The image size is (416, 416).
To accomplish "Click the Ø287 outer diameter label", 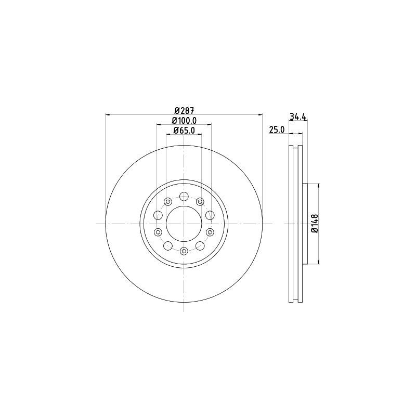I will coord(184,110).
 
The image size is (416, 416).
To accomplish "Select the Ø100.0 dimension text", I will coord(184,121).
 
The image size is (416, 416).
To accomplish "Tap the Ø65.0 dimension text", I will coord(184,131).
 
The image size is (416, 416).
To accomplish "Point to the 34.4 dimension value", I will coord(298,117).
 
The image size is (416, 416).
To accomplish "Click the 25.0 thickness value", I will coord(276,131).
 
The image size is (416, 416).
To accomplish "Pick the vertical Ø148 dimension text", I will coord(315,224).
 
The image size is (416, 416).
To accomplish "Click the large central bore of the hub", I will coord(184,224).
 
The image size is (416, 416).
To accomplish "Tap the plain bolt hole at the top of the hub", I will coord(184,197).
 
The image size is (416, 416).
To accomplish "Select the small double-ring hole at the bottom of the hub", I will coord(184,252).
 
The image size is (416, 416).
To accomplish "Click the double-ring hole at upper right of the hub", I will coord(200,202).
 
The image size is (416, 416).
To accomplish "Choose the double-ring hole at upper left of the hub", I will coord(167,202).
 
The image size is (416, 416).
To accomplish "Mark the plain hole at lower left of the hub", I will coord(167,246).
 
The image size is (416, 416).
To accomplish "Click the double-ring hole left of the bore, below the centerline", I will coord(158,232).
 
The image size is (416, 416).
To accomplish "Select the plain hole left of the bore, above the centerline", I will coord(158,215).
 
